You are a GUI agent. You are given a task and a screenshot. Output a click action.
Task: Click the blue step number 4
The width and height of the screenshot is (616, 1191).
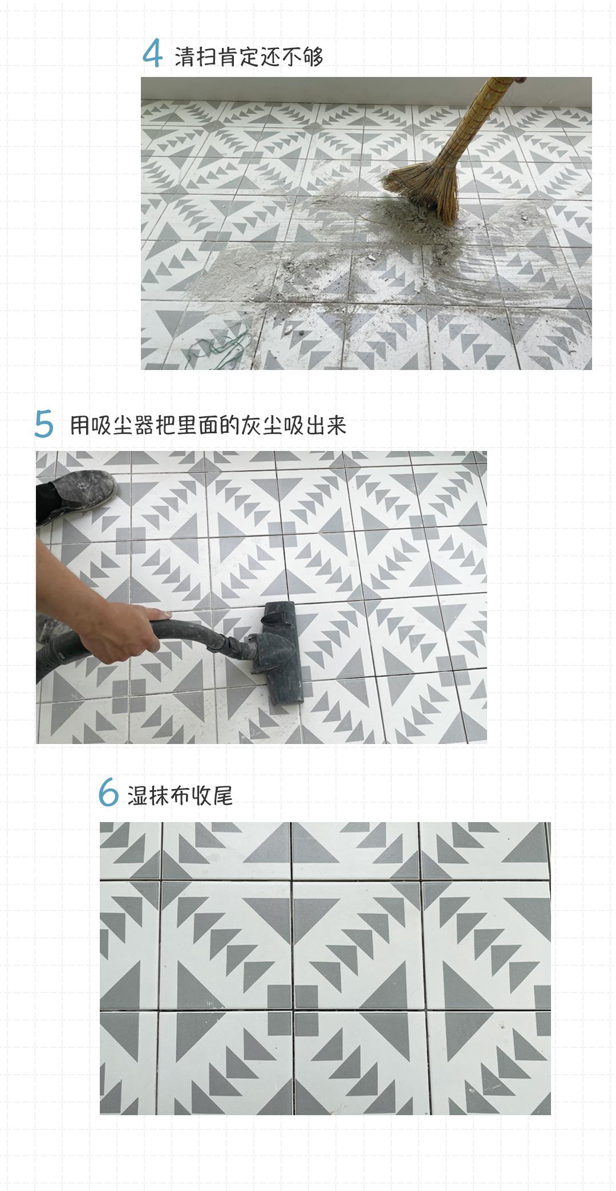tap(152, 55)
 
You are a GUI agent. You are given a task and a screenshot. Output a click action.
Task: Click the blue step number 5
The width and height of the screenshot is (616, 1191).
tap(44, 425)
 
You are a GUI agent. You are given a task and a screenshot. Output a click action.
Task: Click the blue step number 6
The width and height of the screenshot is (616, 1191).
tap(108, 793)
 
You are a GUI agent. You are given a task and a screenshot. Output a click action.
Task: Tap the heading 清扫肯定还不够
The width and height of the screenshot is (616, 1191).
tap(249, 56)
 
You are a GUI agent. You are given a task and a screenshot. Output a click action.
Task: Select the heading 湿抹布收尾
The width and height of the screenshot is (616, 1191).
tap(180, 795)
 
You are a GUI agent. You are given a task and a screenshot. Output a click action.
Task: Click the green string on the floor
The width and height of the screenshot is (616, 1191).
tap(220, 348)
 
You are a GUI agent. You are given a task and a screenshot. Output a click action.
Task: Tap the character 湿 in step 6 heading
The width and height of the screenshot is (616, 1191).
tap(137, 795)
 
